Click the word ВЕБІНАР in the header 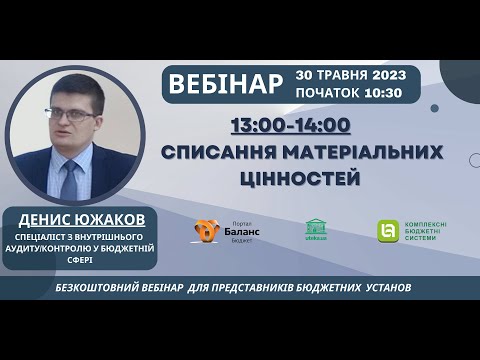tap(226, 83)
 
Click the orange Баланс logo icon tap(207, 231)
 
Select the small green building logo tap(316, 229)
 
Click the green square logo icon tap(385, 231)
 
